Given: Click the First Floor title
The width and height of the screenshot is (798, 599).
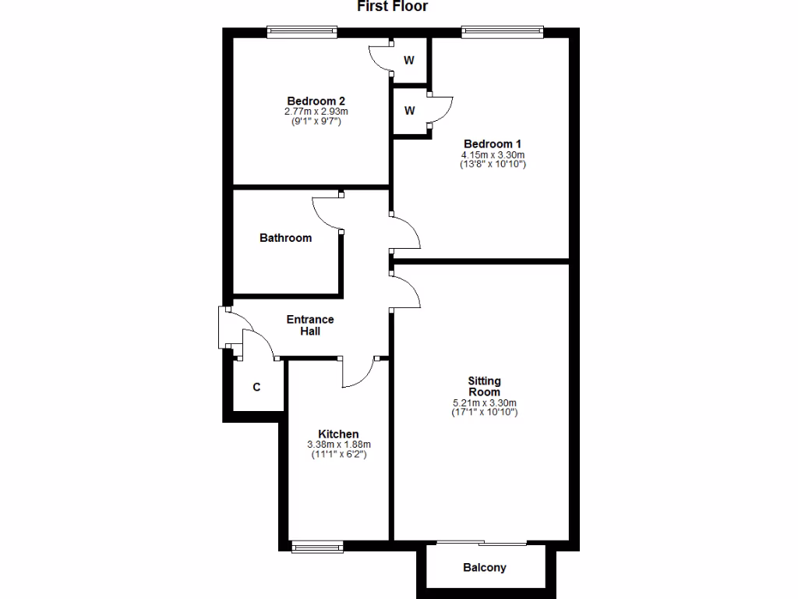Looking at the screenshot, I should [x=393, y=7].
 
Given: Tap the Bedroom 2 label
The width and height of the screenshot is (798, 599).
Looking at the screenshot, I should [x=316, y=101].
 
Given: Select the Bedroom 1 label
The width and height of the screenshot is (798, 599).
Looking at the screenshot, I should [x=493, y=144].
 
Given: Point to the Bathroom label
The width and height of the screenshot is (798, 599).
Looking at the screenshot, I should [x=285, y=238].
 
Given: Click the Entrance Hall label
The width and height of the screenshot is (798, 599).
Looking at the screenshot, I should [x=310, y=325].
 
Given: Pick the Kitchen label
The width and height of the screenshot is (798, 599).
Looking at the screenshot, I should [x=338, y=434].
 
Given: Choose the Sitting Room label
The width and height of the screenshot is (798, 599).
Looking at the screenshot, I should [x=484, y=386].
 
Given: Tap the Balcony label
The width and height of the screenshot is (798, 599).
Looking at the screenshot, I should [x=484, y=568].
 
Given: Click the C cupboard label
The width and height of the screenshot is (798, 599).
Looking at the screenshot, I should [x=256, y=387].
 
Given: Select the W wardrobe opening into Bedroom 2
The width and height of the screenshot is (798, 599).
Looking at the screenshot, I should [x=408, y=60].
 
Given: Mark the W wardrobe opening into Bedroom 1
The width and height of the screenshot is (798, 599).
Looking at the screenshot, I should [x=409, y=111].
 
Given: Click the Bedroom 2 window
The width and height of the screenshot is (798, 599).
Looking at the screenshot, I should [x=302, y=32].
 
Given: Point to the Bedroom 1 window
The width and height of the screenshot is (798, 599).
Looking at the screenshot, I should [x=501, y=32].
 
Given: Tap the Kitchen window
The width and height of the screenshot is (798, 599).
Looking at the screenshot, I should [x=317, y=547].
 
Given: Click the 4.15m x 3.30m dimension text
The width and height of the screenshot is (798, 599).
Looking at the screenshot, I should [x=493, y=154].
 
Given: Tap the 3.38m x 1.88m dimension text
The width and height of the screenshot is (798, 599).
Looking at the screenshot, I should [x=338, y=445].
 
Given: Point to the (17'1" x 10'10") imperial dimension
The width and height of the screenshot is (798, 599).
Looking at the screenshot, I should [x=484, y=412].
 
